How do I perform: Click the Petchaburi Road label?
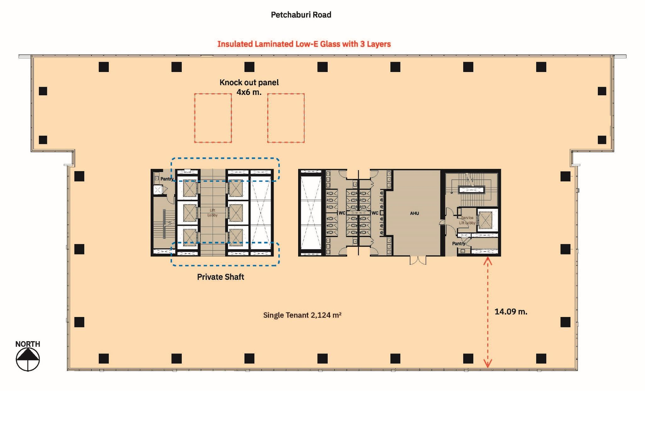coord(301,15)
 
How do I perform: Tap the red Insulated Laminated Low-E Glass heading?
coord(304,44)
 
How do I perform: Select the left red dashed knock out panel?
coord(213,118)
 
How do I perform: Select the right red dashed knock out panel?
coord(286,118)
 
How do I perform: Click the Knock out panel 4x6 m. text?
coord(249,87)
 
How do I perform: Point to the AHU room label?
coord(414,213)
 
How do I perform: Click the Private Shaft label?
coord(220,277)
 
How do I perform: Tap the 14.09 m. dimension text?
coord(511,312)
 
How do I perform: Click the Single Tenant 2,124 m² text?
coord(302,315)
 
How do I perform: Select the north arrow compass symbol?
coord(28,359)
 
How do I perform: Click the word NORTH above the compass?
coord(28,344)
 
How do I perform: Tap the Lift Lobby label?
coord(212,213)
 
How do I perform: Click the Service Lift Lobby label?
coord(467,220)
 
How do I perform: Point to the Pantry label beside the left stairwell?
coord(167,179)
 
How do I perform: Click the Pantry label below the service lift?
coord(459,244)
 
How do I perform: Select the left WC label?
coord(342,213)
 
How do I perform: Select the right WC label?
coord(375,213)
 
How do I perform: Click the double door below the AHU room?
coord(418,260)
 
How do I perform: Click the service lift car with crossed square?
coord(485,220)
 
